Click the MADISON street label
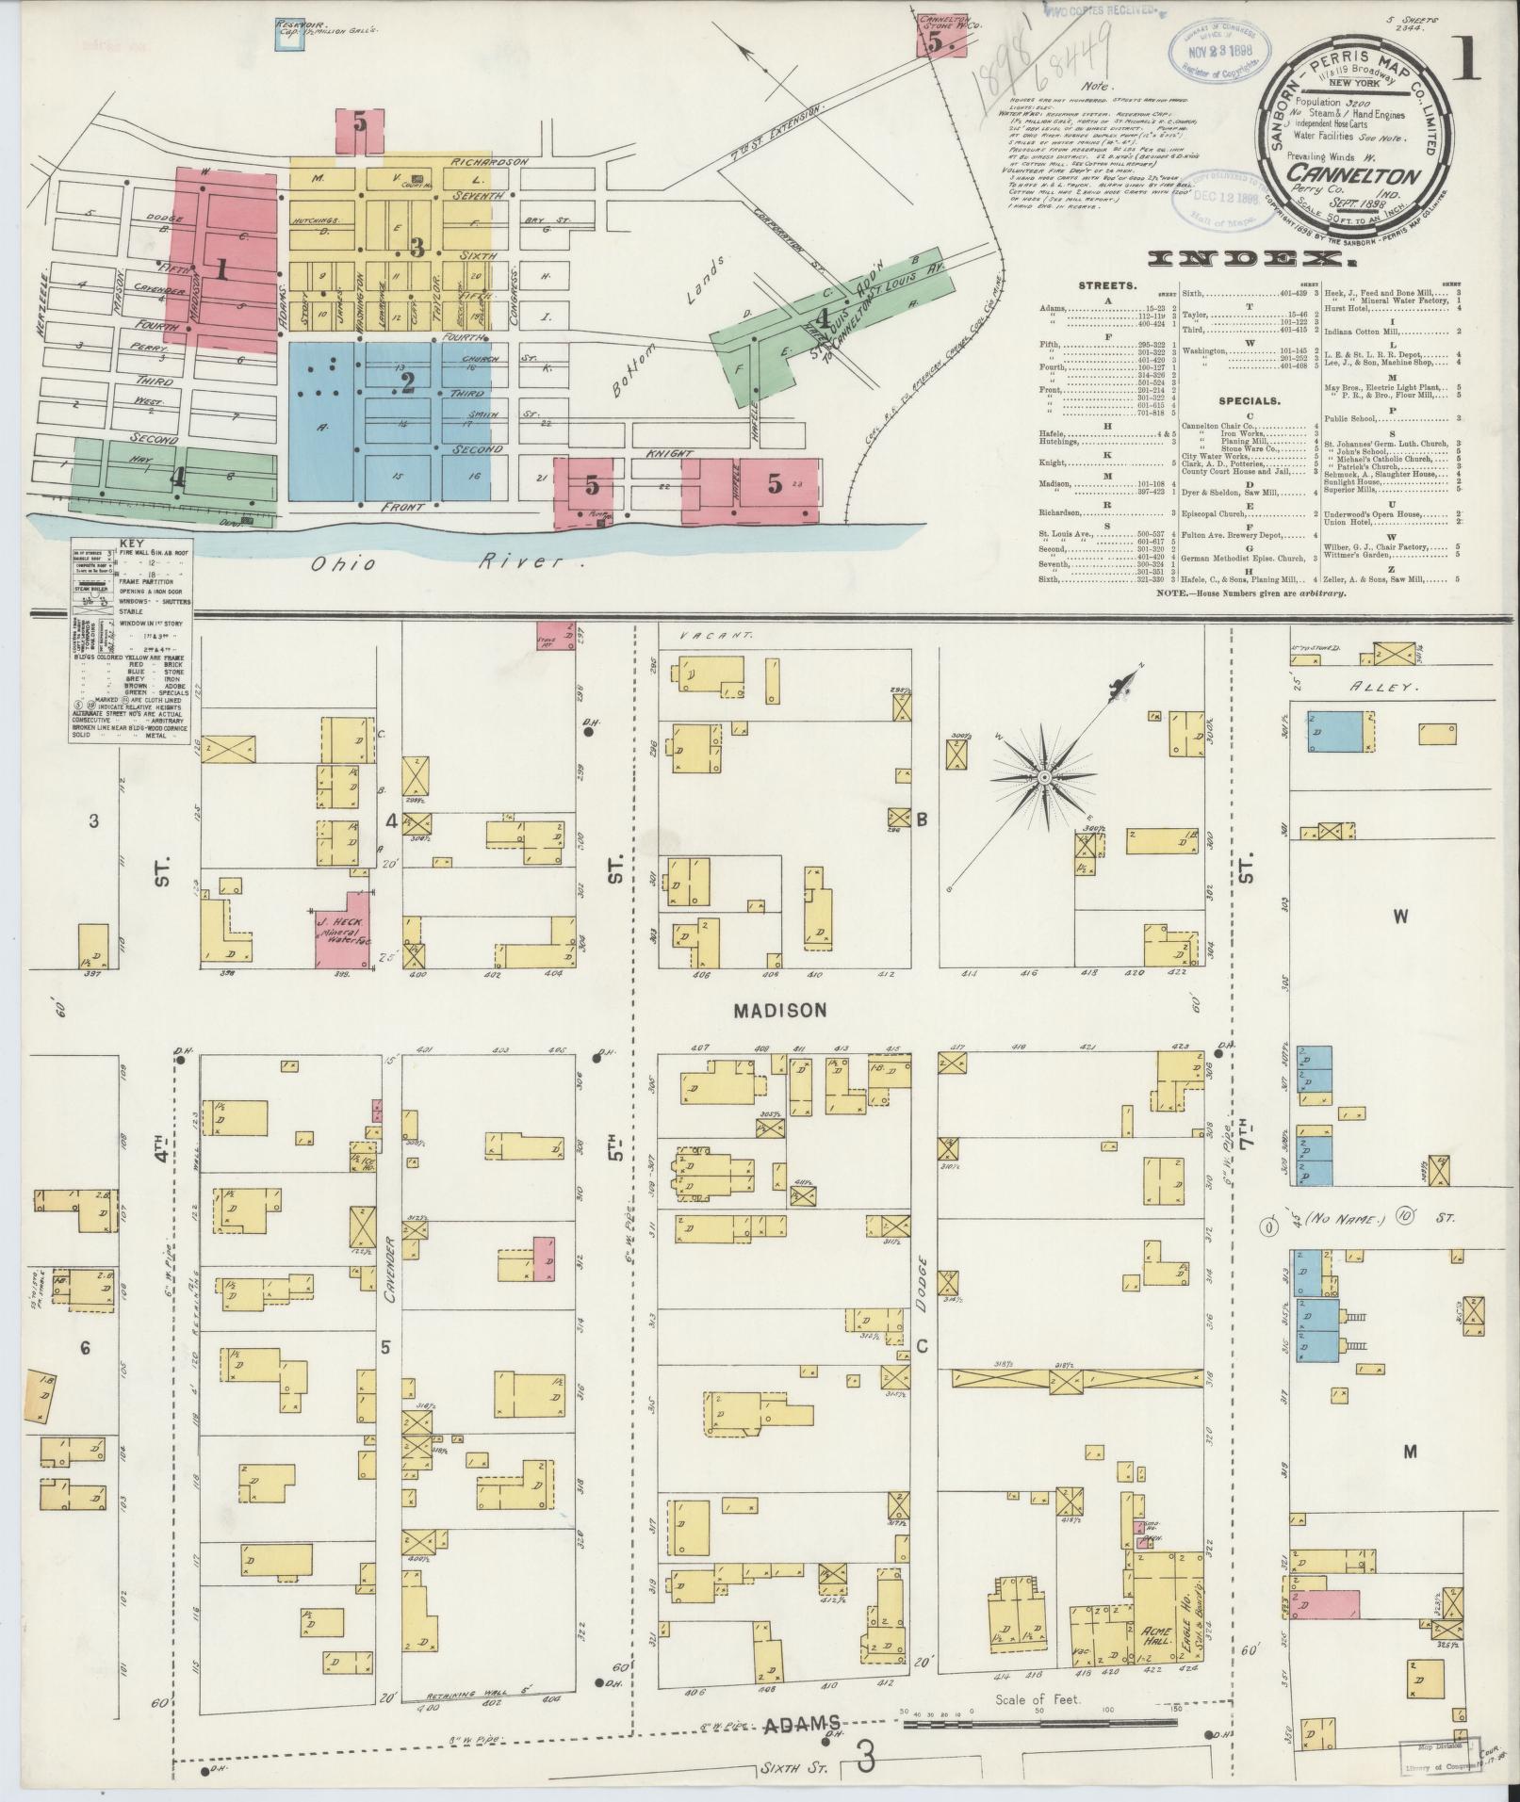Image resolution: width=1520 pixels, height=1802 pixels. click(x=780, y=1010)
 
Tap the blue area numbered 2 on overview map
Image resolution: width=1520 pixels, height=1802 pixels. click(x=407, y=382)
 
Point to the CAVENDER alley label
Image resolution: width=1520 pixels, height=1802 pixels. click(x=386, y=1241)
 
